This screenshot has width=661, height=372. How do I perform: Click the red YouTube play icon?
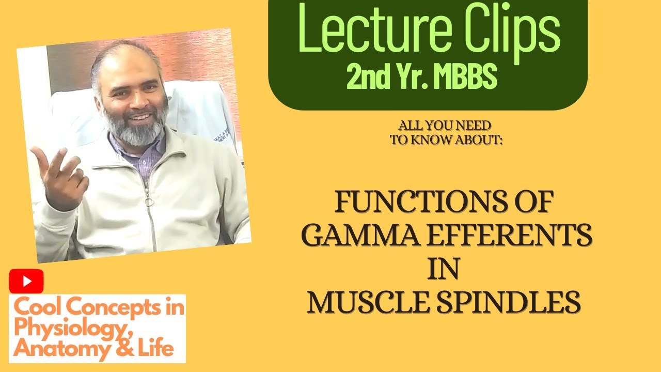[x=26, y=282]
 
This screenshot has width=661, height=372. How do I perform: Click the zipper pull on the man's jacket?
[x=151, y=201]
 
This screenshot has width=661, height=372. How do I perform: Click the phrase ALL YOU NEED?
[x=445, y=126]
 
